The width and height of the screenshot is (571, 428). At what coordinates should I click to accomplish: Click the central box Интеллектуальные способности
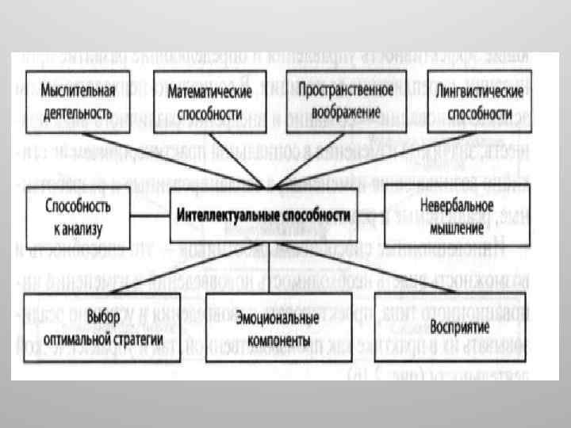coord(262,215)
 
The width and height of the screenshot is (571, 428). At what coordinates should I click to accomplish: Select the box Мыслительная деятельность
coord(73,99)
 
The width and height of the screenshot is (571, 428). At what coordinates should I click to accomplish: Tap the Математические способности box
coord(209,100)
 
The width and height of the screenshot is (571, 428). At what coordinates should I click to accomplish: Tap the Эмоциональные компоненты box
coord(266,326)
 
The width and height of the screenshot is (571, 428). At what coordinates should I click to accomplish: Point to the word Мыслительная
coord(73,92)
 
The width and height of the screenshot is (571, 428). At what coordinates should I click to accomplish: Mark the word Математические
coord(209,92)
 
